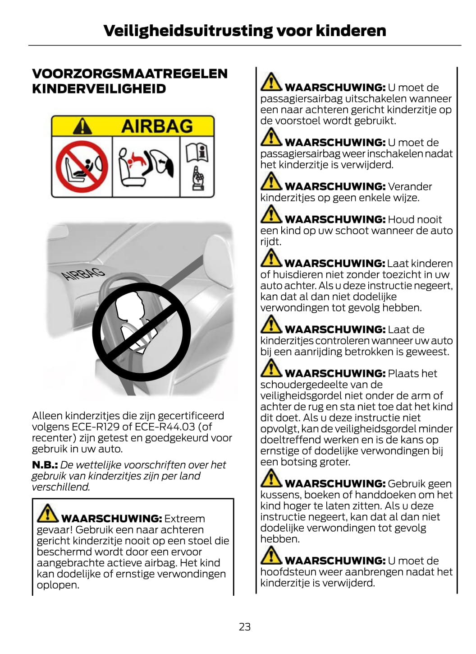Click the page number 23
(245, 626)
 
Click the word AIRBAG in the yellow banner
(157, 126)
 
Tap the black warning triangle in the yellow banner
(82, 126)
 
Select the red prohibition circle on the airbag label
(82, 167)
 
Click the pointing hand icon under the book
(197, 178)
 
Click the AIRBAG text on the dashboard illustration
(83, 274)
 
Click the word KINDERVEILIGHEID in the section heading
(99, 89)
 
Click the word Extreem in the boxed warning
(185, 519)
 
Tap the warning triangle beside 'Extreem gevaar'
(48, 513)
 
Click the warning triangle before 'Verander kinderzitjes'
(271, 181)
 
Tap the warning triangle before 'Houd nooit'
(271, 214)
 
